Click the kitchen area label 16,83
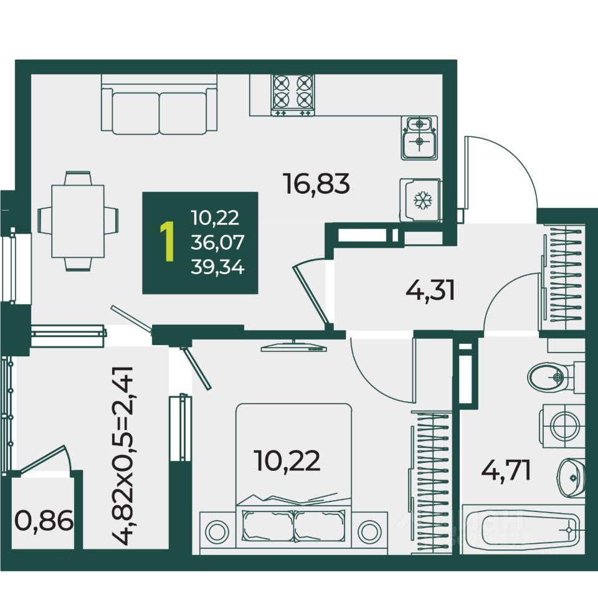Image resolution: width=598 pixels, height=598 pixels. (316, 184)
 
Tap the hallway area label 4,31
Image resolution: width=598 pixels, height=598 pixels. (430, 290)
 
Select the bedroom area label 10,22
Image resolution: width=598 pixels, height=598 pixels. (287, 461)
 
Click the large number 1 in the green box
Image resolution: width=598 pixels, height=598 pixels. (166, 243)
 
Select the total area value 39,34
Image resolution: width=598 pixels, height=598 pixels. (218, 268)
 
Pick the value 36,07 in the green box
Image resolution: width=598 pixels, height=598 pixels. (218, 243)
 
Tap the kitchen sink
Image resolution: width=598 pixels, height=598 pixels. (419, 137)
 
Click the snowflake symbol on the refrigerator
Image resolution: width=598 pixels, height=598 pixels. (424, 200)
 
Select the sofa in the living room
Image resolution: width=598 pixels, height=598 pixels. (159, 106)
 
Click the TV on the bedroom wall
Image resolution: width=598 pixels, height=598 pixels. (293, 348)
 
